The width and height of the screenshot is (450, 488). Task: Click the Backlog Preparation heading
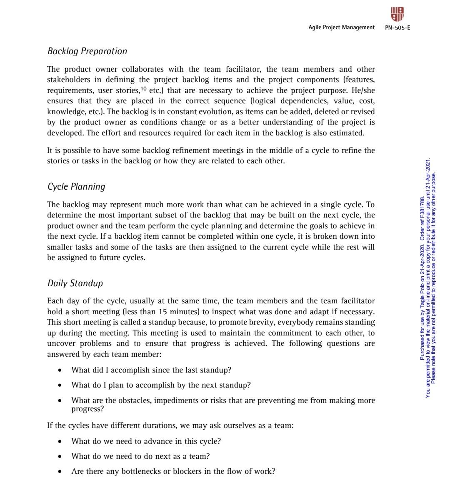(x=87, y=51)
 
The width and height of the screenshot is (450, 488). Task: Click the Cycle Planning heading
(x=76, y=187)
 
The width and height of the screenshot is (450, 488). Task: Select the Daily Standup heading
(x=75, y=283)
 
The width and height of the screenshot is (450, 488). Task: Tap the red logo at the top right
(x=397, y=14)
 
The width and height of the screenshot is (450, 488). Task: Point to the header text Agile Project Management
(x=341, y=28)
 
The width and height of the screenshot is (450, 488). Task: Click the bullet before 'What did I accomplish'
(x=61, y=370)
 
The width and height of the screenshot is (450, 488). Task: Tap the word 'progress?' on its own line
(x=87, y=409)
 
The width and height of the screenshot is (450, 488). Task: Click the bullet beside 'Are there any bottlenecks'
(x=61, y=472)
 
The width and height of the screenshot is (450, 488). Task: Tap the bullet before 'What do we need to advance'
(x=61, y=441)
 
